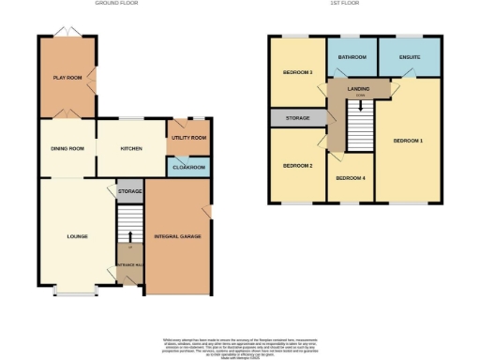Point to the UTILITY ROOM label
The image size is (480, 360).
[x=188, y=137]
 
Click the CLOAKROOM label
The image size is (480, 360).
[x=188, y=167]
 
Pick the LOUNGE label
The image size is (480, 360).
[x=77, y=235]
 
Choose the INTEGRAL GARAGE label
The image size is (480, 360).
[x=178, y=235]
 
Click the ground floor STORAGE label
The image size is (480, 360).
[x=129, y=191]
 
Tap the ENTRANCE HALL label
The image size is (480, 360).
[x=128, y=266]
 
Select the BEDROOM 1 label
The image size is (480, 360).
[x=408, y=141]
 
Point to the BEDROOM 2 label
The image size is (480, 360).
[x=296, y=165]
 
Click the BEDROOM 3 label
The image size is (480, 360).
[x=296, y=72]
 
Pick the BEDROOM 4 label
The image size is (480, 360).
[x=350, y=177]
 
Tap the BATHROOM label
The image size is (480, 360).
[x=351, y=57]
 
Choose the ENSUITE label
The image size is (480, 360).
[x=409, y=57]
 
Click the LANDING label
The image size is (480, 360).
[x=358, y=89]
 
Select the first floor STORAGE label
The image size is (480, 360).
[x=296, y=118]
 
